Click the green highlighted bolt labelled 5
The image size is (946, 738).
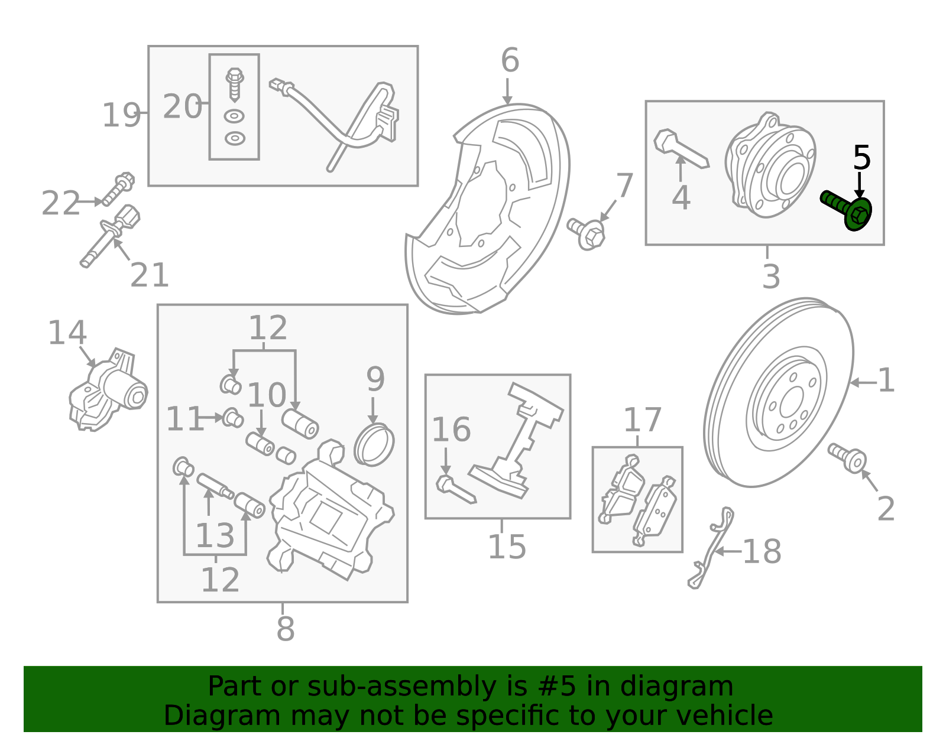click(x=847, y=211)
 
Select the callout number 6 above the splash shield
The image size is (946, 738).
click(x=510, y=60)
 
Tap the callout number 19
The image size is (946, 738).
click(x=121, y=115)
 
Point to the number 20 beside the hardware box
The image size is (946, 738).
click(x=183, y=106)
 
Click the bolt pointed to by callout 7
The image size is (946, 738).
click(x=587, y=234)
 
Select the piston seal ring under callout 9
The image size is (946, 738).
click(x=374, y=444)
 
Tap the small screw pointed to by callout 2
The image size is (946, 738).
click(x=847, y=458)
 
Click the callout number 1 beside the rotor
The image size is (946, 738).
click(x=886, y=380)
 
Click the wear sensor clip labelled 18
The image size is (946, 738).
click(x=711, y=548)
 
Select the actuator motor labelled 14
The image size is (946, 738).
click(x=108, y=389)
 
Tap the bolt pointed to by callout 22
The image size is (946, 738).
click(x=118, y=189)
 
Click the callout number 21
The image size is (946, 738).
click(x=150, y=275)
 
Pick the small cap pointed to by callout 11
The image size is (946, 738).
click(x=232, y=418)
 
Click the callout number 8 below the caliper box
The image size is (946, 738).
click(x=286, y=629)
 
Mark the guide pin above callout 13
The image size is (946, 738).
click(x=215, y=487)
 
